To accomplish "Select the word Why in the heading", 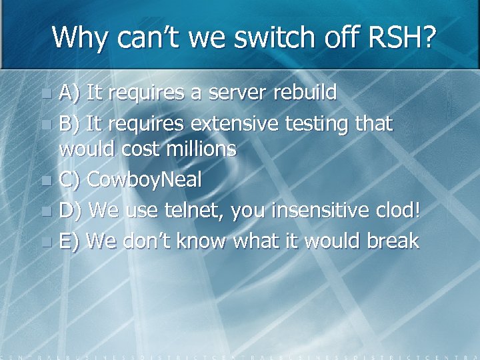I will [x=81, y=37].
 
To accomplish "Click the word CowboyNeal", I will [x=145, y=180].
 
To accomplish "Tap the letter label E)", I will [x=69, y=241].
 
